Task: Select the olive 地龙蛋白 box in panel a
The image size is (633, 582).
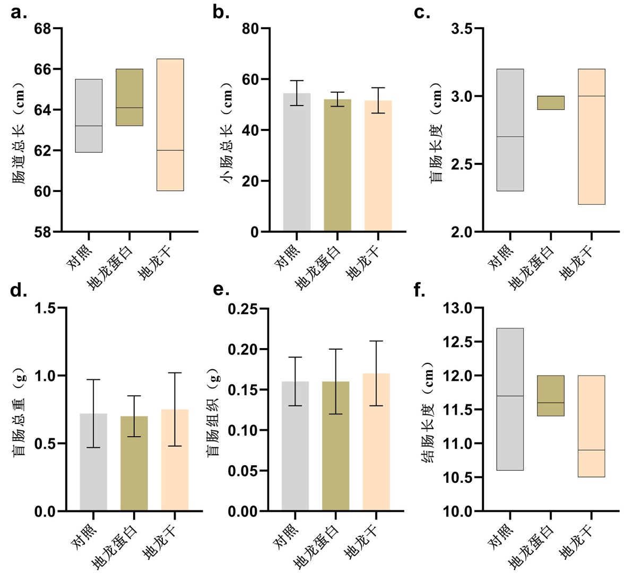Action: [x=129, y=97]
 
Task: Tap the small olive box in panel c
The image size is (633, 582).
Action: [x=550, y=102]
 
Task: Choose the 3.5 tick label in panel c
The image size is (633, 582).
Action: [x=462, y=29]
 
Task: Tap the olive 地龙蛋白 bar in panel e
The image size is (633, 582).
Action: [x=336, y=446]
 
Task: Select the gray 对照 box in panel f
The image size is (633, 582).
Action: [x=509, y=399]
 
